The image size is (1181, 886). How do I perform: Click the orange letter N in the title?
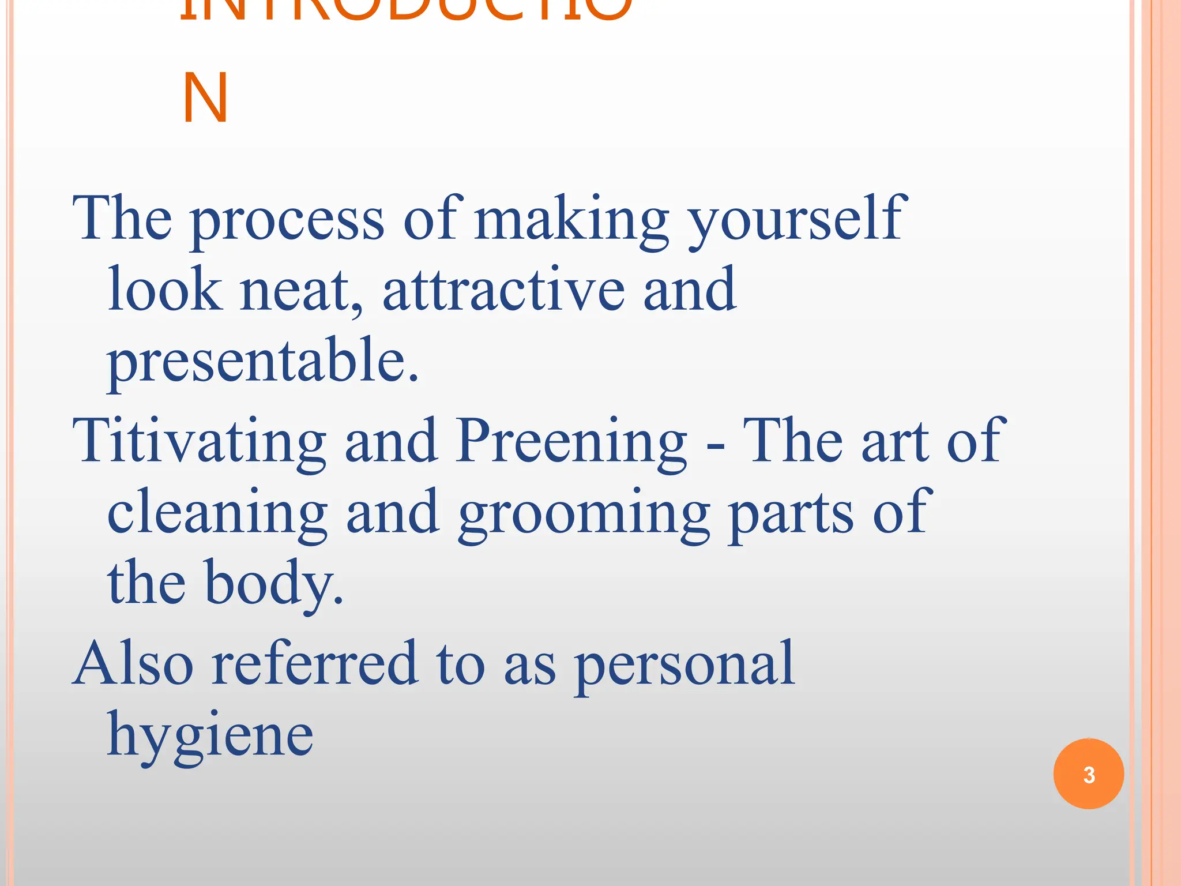205,98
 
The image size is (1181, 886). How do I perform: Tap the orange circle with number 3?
1088,774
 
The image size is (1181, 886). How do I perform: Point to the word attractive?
503,290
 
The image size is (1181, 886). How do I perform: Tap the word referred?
314,664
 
